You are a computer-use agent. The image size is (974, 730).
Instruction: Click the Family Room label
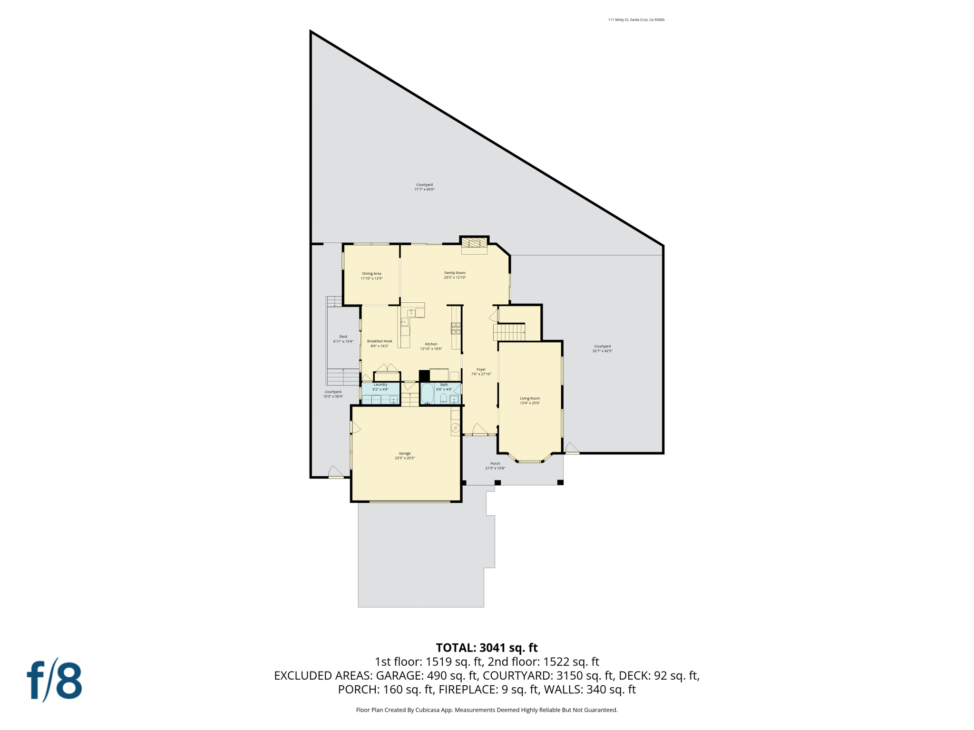(x=455, y=273)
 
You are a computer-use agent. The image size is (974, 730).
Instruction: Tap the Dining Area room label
(x=371, y=274)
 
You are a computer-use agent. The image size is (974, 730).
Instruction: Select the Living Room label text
(x=529, y=398)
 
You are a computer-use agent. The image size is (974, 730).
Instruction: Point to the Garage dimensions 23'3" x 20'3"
(x=405, y=458)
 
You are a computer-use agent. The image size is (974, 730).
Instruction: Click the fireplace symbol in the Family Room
(x=474, y=243)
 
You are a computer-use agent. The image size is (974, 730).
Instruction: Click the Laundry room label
(x=380, y=384)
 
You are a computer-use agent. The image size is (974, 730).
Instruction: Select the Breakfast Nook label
(x=380, y=341)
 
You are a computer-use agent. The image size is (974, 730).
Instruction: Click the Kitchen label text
(x=431, y=344)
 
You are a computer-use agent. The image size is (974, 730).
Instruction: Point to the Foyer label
(x=481, y=369)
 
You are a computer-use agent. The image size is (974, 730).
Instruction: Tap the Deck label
(x=343, y=336)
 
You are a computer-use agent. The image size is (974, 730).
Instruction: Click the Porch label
(x=495, y=463)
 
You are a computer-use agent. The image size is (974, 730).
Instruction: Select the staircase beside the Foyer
(x=509, y=332)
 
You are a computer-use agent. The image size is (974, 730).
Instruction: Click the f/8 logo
(x=54, y=680)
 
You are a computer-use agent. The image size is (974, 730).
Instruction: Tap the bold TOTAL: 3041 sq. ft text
(x=487, y=648)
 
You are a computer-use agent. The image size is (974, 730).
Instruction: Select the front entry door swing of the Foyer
(x=479, y=429)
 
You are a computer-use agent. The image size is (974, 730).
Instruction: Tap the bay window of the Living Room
(x=529, y=460)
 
